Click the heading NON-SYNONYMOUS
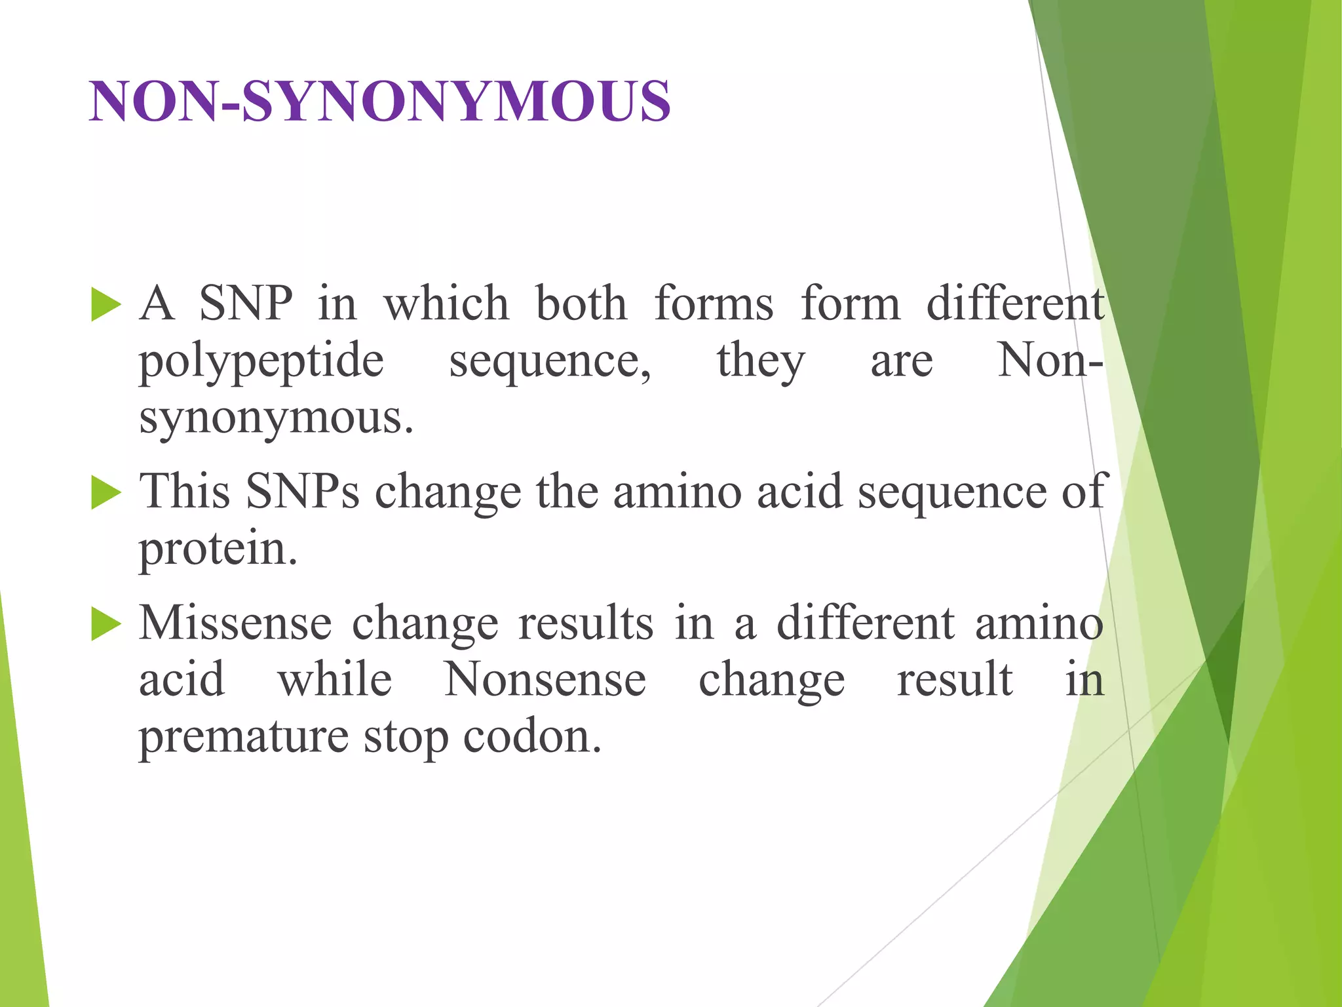coord(380,102)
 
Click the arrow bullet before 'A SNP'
coord(106,305)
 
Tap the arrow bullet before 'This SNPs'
coord(106,492)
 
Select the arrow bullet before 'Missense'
coord(106,623)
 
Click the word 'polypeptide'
coord(261,362)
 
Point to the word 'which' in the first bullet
coord(446,304)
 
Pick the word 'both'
coord(581,304)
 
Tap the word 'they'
coord(760,362)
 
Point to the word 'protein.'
coord(218,549)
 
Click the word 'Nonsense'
coord(545,680)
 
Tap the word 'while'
coord(335,680)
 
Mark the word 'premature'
coord(243,738)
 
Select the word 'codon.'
coord(532,738)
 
